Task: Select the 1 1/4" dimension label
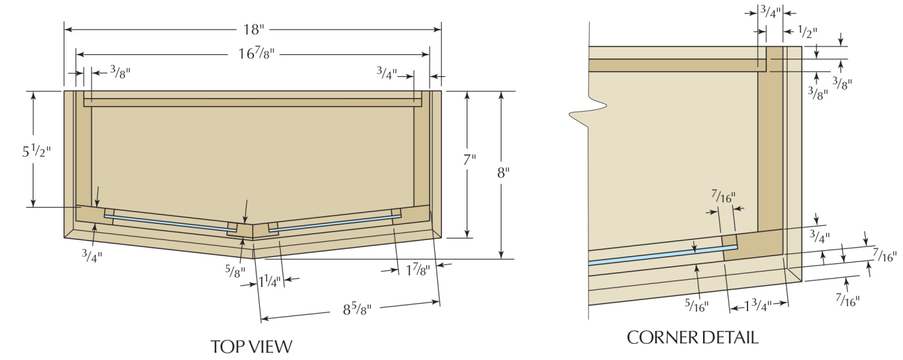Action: [270, 281]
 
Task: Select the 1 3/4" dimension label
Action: [759, 307]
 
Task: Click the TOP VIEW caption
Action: [251, 346]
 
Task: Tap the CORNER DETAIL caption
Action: [692, 337]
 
